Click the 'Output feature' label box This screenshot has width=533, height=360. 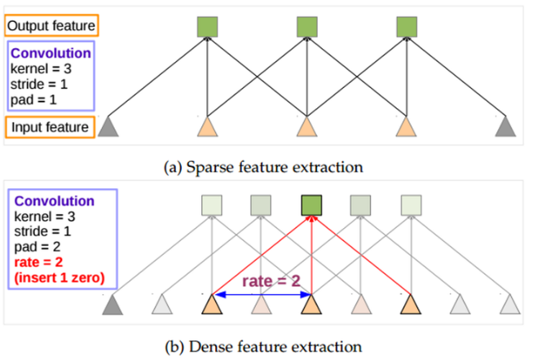point(51,25)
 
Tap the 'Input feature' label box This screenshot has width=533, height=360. point(50,127)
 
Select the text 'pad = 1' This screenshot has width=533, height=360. point(33,100)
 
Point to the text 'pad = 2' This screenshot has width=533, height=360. point(37,247)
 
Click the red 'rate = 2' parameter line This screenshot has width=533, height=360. point(38,262)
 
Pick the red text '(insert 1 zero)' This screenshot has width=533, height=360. point(59,278)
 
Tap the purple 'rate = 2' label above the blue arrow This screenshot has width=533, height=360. point(271,281)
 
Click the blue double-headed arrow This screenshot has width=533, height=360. point(262,295)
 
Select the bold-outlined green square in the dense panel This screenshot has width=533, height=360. point(311,205)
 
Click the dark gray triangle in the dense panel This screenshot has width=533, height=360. point(112,305)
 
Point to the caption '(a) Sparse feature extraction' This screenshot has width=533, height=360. point(263,167)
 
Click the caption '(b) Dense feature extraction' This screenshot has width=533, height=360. point(263,347)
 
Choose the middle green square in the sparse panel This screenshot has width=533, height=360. point(307,27)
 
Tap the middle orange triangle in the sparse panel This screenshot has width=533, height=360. point(307,127)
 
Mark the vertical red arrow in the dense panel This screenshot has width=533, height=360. point(311,255)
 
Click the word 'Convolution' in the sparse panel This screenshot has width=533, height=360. point(51,53)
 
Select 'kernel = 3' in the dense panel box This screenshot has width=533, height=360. point(45,217)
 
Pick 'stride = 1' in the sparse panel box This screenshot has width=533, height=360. point(39,84)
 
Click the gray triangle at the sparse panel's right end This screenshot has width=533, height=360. point(505,127)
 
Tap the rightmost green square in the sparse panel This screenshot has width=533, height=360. point(407,27)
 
